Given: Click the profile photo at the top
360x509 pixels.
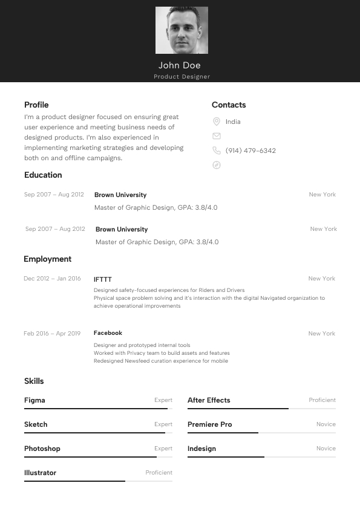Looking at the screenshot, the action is click(182, 30).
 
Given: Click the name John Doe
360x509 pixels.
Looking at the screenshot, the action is click(180, 65).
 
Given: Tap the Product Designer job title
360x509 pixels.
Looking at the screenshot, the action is click(182, 77).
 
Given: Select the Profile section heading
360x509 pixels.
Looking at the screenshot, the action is click(36, 105).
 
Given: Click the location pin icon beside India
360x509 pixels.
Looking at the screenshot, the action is click(217, 122).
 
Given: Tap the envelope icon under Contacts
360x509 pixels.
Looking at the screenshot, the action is click(217, 136).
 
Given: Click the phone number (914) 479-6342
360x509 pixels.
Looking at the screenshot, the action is click(250, 151).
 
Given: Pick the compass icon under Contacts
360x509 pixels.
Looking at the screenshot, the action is click(217, 165).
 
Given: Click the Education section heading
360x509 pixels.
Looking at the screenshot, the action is click(43, 175).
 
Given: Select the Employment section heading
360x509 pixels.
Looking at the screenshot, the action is click(47, 259).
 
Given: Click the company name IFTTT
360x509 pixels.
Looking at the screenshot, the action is click(103, 279).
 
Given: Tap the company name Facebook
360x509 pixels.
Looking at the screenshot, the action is click(108, 333).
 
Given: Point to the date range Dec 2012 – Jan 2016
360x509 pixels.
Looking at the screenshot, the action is click(52, 279).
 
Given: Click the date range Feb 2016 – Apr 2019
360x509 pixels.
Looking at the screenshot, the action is click(52, 334).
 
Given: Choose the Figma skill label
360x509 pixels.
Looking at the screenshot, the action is click(34, 400).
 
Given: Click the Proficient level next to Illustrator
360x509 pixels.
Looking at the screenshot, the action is click(159, 473).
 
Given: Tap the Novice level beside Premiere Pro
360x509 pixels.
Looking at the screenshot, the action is click(326, 424).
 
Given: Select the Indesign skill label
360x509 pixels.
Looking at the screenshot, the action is click(201, 449).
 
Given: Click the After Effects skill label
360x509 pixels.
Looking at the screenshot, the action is click(209, 400).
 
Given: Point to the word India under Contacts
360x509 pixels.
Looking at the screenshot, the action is click(233, 122).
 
